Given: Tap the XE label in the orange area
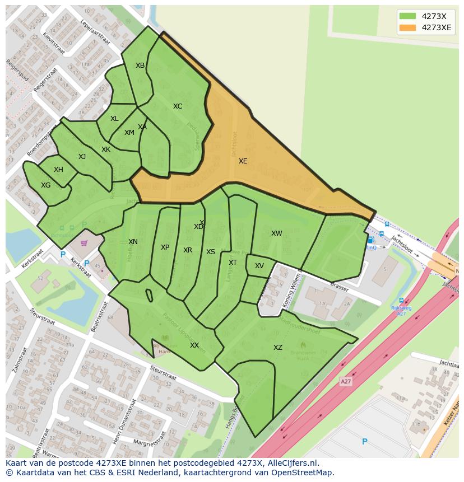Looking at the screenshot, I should (243, 161).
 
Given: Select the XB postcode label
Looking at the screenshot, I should (140, 65).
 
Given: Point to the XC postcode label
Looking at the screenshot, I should (178, 106).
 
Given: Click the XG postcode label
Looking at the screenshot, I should (46, 185).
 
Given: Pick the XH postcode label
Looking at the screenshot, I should (58, 170).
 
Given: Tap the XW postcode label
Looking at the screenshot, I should (277, 233).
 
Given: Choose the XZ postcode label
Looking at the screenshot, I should (278, 348).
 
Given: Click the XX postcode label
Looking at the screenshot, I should (194, 345).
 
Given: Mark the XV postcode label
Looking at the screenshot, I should (259, 266).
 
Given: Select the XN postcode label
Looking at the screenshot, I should (133, 242).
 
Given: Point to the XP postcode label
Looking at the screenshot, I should (165, 247).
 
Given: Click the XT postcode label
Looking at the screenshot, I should (233, 263).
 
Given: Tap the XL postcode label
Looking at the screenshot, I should (114, 119).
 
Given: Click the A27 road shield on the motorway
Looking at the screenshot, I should (346, 381).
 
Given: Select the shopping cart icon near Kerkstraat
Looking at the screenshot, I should (84, 243).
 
